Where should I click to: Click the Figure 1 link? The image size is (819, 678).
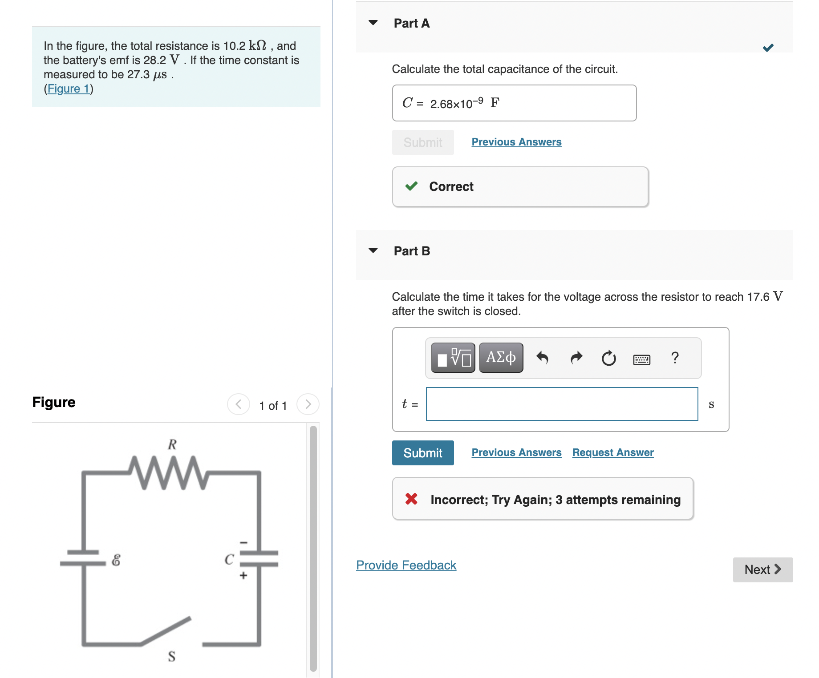pyautogui.click(x=69, y=89)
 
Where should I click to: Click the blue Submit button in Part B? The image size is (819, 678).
pyautogui.click(x=422, y=453)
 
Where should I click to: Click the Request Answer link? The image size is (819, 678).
pyautogui.click(x=612, y=452)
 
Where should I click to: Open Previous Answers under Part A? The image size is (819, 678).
pyautogui.click(x=516, y=142)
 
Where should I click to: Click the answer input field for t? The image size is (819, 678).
pyautogui.click(x=562, y=404)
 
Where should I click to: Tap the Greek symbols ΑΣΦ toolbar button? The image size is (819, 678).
pyautogui.click(x=501, y=357)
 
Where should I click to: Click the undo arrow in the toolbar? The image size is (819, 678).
pyautogui.click(x=542, y=358)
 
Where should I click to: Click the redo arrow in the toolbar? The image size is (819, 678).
pyautogui.click(x=576, y=358)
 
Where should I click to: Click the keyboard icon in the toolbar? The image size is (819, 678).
pyautogui.click(x=641, y=359)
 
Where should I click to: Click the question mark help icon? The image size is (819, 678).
pyautogui.click(x=675, y=358)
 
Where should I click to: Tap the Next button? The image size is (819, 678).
pyautogui.click(x=762, y=569)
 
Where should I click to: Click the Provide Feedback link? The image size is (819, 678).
pyautogui.click(x=406, y=565)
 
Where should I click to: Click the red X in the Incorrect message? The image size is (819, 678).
pyautogui.click(x=411, y=499)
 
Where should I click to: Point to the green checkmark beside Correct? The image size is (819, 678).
pyautogui.click(x=411, y=186)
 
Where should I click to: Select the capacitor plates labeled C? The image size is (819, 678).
pyautogui.click(x=259, y=559)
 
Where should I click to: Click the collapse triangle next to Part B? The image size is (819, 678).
pyautogui.click(x=373, y=250)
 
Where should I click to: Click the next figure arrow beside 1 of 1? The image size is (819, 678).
pyautogui.click(x=308, y=404)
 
